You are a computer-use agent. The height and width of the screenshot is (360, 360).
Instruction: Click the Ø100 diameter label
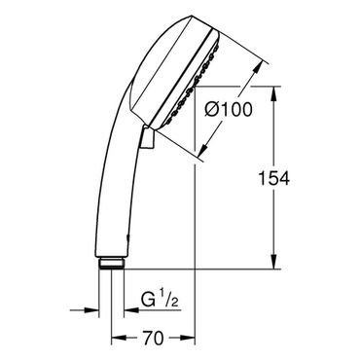229,109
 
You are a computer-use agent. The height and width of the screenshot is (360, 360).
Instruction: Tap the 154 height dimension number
273,178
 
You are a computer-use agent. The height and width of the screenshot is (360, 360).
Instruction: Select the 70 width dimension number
153,339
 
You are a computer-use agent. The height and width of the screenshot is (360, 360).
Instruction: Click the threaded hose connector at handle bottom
111,263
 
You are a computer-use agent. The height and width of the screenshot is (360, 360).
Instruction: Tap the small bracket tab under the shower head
147,138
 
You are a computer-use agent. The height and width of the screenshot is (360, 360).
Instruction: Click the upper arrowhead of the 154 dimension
274,94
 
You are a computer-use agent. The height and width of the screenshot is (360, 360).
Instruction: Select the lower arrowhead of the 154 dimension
274,262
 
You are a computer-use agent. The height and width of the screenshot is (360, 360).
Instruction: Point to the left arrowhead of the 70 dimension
119,340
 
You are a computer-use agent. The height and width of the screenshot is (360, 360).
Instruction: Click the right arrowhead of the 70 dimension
187,340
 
